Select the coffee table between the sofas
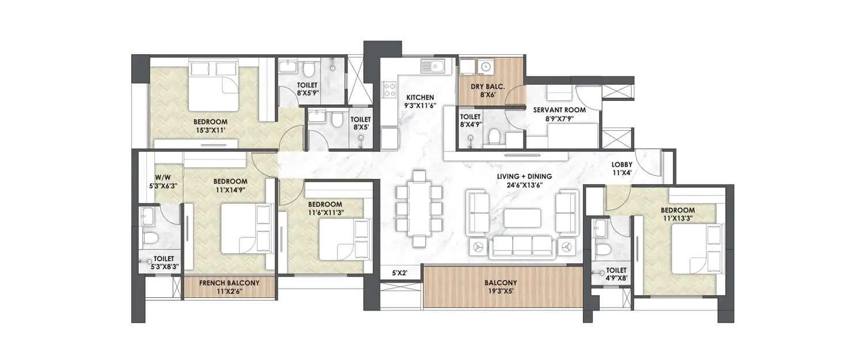[522, 218]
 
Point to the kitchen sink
[434, 67]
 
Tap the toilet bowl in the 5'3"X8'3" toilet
[149, 238]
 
